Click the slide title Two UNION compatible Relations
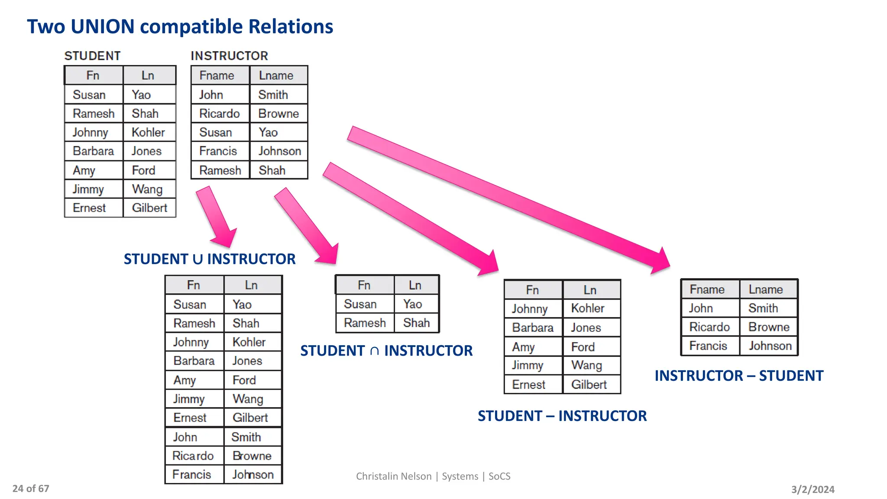180,27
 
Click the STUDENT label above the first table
92,56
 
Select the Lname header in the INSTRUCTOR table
276,75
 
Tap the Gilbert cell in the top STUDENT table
149,208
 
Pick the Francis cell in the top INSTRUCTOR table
218,151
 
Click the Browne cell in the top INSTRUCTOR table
278,113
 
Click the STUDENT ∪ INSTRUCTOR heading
210,259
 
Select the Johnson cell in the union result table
253,475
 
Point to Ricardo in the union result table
193,456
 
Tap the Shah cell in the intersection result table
416,323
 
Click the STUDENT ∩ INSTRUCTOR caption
386,350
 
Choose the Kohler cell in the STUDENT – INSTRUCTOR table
588,308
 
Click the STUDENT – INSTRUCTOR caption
562,416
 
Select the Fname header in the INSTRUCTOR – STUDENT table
707,289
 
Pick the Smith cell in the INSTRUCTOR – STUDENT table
763,308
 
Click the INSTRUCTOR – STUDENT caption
739,376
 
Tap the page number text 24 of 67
31,489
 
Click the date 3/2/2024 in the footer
813,489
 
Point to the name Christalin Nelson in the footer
394,476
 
